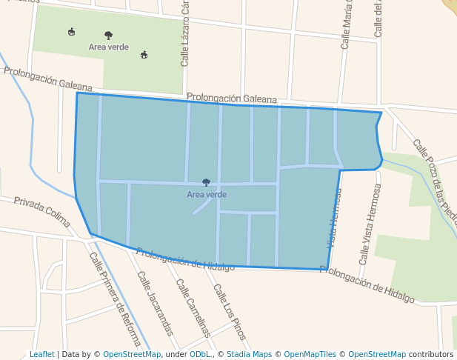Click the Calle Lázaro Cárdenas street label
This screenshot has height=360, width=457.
[185, 33]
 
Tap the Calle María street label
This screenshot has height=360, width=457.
[345, 25]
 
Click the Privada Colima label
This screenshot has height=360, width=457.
[41, 212]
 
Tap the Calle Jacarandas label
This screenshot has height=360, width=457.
[155, 303]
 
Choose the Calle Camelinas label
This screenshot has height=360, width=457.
[193, 308]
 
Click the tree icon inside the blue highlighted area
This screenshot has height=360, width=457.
[206, 182]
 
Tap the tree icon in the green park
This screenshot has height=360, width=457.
[109, 35]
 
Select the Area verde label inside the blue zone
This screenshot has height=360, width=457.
[207, 195]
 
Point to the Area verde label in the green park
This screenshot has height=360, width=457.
[108, 47]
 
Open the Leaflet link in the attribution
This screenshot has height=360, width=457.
[41, 354]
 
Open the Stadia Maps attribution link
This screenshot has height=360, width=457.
[249, 354]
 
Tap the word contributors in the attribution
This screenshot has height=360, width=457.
[431, 354]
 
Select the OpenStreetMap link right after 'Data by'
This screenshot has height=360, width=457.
[132, 354]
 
